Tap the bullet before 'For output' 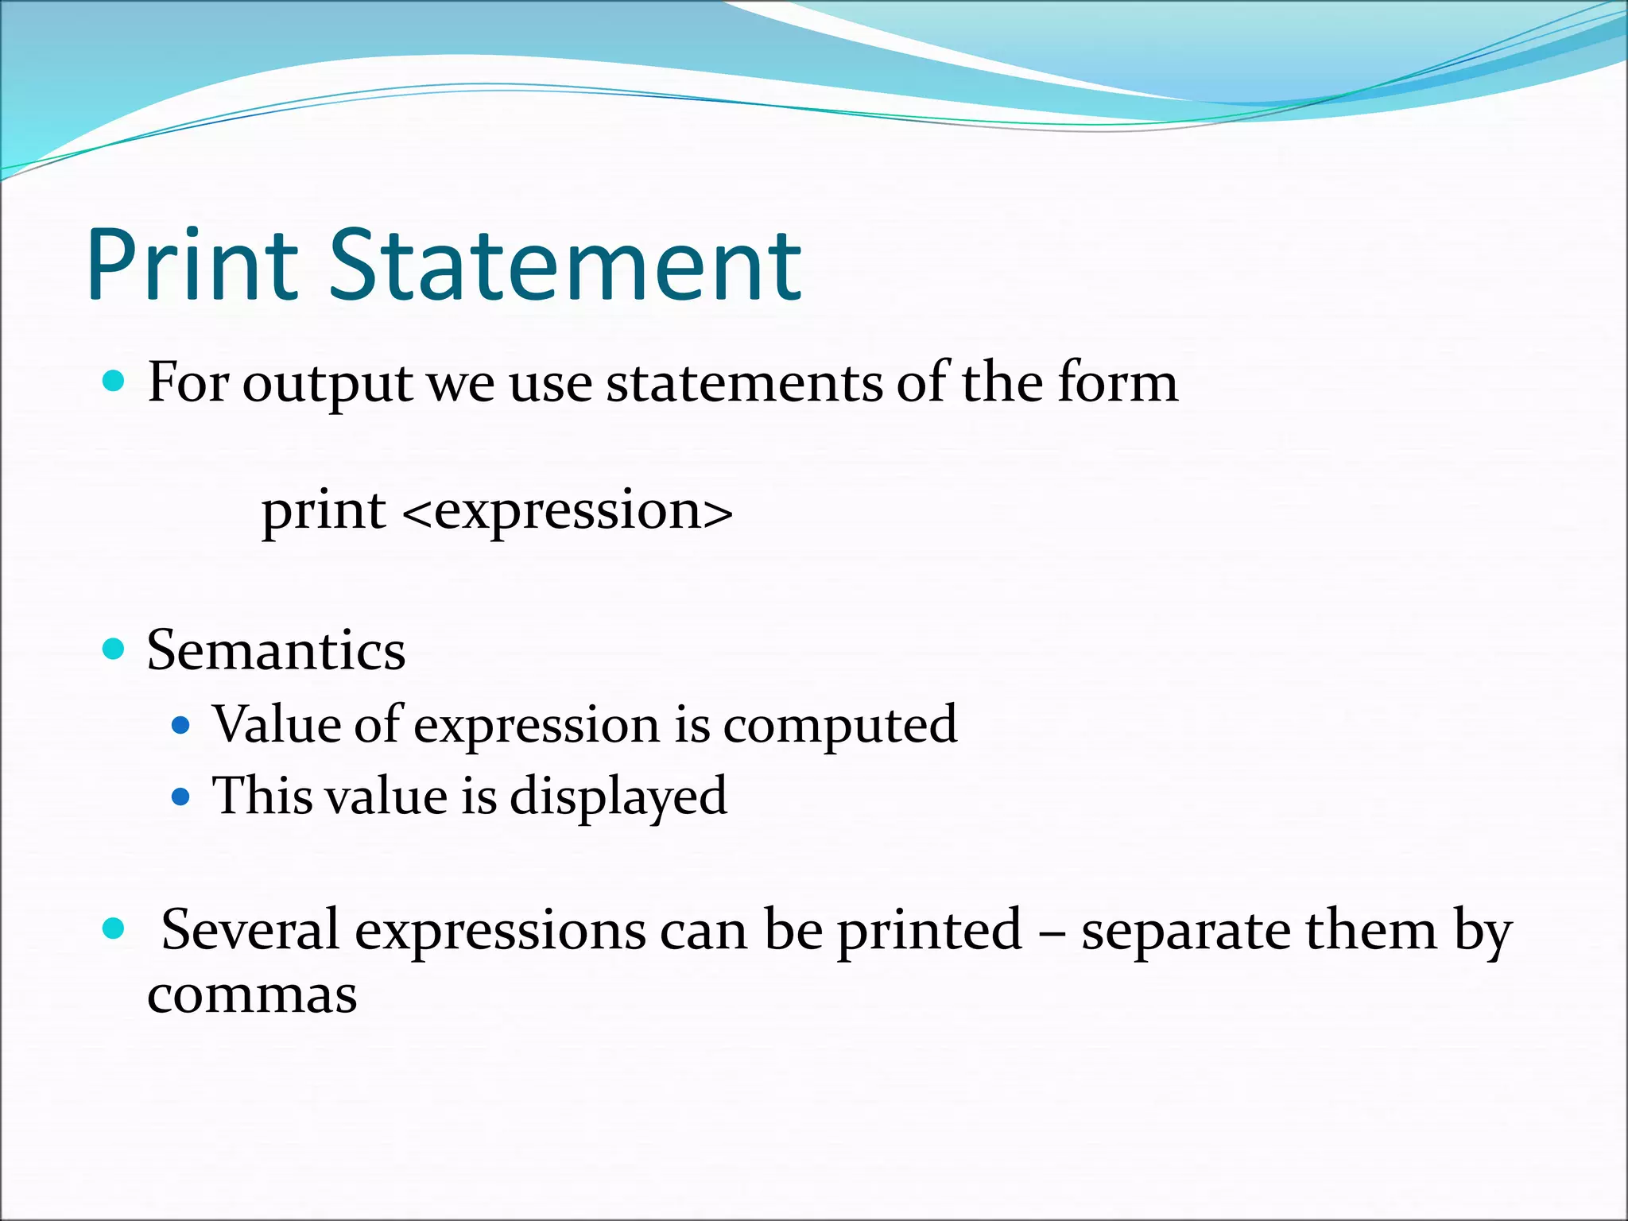pyautogui.click(x=114, y=382)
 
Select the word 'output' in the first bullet pyautogui.click(x=328, y=385)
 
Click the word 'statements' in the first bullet pyautogui.click(x=744, y=383)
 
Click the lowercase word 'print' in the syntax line pyautogui.click(x=324, y=512)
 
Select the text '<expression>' pyautogui.click(x=568, y=512)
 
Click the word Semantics pyautogui.click(x=276, y=650)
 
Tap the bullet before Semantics pyautogui.click(x=114, y=649)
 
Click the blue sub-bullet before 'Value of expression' pyautogui.click(x=181, y=725)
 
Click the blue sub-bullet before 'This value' pyautogui.click(x=181, y=797)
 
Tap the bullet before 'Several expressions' pyautogui.click(x=114, y=928)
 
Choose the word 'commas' pyautogui.click(x=252, y=995)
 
